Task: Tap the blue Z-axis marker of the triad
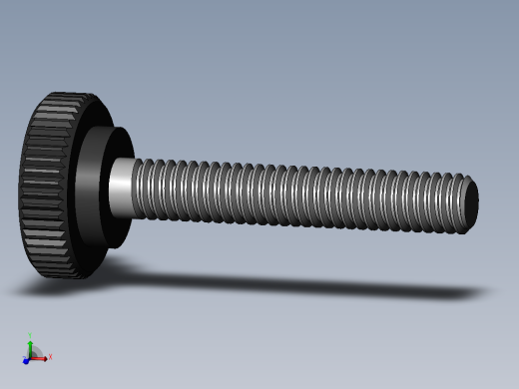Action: (26, 360)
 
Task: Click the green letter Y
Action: (30, 334)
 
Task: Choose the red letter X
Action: (50, 356)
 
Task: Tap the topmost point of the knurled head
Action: (70, 94)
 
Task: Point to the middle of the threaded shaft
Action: (299, 194)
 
